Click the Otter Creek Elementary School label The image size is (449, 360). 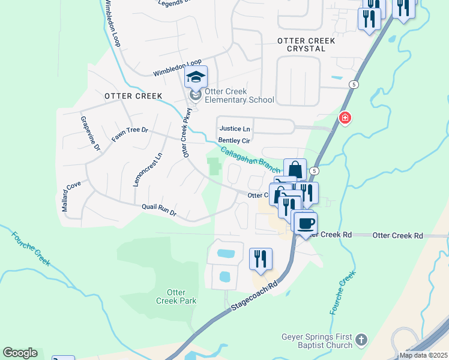coord(239,95)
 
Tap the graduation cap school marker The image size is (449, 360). coord(196,77)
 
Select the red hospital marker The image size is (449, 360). coord(345,118)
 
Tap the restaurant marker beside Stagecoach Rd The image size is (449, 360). coord(261,259)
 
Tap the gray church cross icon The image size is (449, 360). coord(361,340)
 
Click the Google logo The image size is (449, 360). coord(20,353)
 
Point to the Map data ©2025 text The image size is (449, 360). coord(423,355)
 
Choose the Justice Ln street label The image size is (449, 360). coord(235,128)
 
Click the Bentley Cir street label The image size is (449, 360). coord(234,140)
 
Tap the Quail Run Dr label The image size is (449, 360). coord(159,209)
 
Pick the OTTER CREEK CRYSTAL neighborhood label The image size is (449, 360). coord(306,44)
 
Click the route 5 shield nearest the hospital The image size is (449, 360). coord(355,85)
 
